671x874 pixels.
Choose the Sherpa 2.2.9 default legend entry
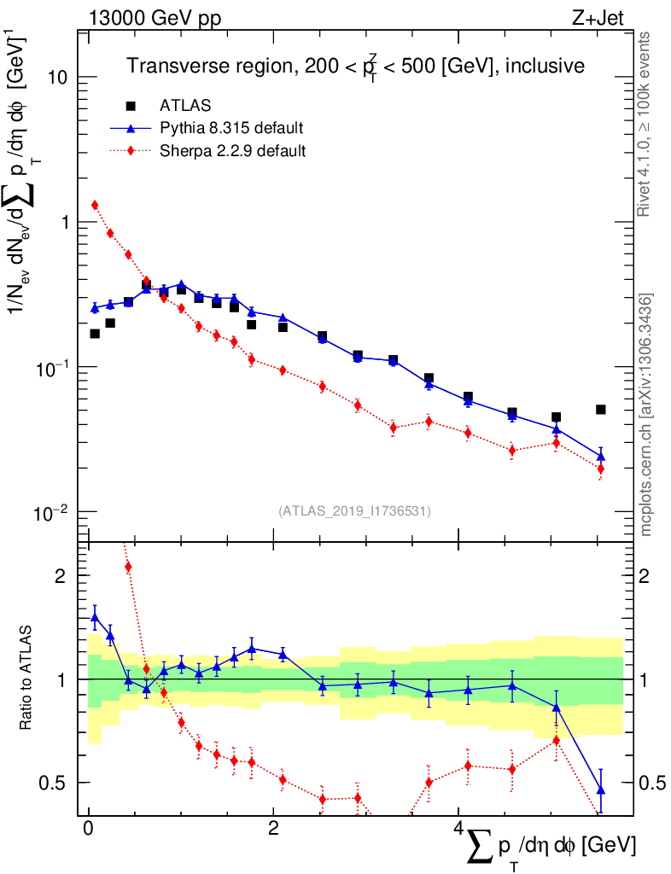233,151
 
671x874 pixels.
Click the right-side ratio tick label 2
651,575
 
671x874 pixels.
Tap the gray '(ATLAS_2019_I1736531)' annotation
354,511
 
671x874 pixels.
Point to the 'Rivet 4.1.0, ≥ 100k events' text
646,125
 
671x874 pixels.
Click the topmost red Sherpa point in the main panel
95,205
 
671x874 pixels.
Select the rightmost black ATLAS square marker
601,410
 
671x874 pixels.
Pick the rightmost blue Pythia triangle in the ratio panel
601,790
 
